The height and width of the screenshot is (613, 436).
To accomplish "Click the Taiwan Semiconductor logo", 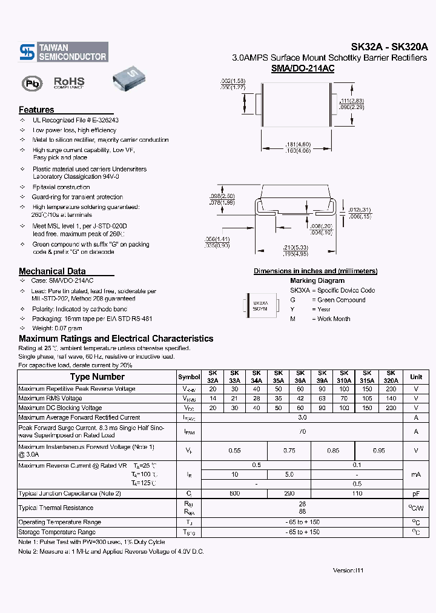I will coord(64,52).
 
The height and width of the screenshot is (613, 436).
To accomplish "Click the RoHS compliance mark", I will coord(69,82).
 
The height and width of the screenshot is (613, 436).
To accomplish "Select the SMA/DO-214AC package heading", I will coord(303,69).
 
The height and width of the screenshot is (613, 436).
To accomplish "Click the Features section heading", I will coord(36,110).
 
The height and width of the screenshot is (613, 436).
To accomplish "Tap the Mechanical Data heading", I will coord(52,271).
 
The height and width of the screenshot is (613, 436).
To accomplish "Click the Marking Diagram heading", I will coord(317,280).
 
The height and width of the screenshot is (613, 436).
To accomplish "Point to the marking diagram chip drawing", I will coord(260,305).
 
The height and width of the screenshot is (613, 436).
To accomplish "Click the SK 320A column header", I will coord(391,377).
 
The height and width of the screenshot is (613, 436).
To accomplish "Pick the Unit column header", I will coord(416,377).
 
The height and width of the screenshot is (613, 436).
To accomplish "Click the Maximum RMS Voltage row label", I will coord(50,399).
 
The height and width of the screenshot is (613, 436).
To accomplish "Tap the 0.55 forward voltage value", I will coord(234,450).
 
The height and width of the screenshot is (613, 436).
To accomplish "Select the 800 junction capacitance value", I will coord(234,494).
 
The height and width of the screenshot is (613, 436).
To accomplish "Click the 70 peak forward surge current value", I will coord(303,431).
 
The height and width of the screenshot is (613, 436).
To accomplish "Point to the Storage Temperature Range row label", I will coord(57,532).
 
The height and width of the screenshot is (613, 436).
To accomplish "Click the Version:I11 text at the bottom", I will coord(349,571).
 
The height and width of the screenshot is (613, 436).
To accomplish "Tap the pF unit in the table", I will coord(416,494).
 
